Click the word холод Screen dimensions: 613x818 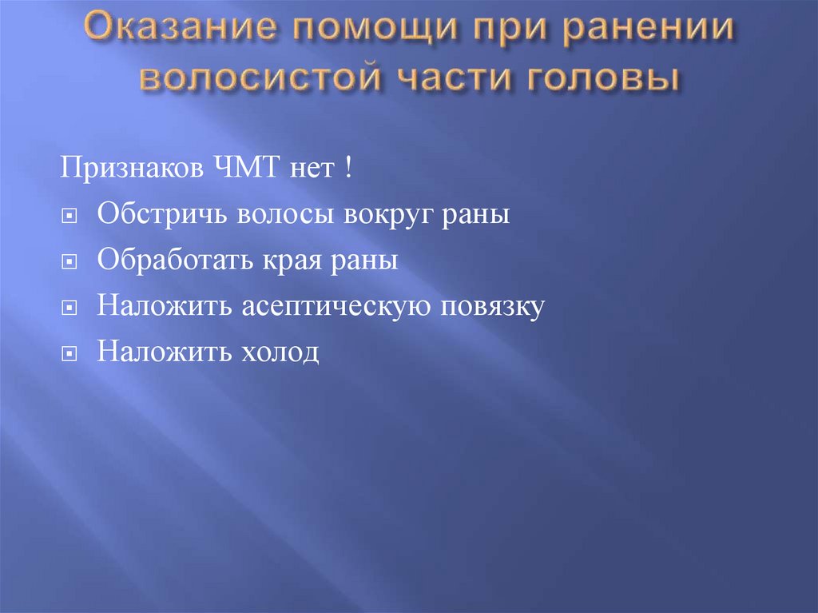276,351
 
